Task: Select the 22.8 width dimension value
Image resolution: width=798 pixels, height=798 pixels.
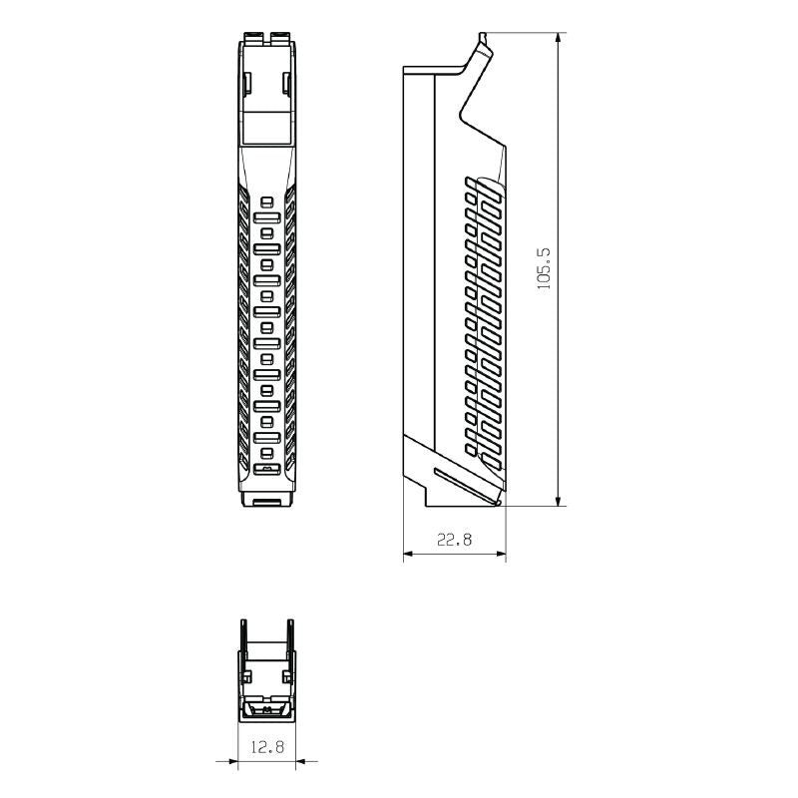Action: coord(454,540)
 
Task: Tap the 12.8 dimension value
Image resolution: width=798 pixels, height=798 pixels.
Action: coord(266,745)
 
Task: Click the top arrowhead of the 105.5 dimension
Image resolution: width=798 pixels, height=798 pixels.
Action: coord(557,37)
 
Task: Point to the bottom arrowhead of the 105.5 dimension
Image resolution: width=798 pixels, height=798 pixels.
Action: coord(557,500)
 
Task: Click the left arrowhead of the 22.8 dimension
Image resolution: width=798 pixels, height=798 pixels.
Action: coord(408,554)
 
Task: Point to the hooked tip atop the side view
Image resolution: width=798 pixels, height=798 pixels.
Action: coord(484,41)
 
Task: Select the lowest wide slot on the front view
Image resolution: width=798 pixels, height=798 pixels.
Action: coord(266,467)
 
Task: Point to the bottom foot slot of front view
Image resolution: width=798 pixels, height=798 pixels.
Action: coord(266,501)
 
